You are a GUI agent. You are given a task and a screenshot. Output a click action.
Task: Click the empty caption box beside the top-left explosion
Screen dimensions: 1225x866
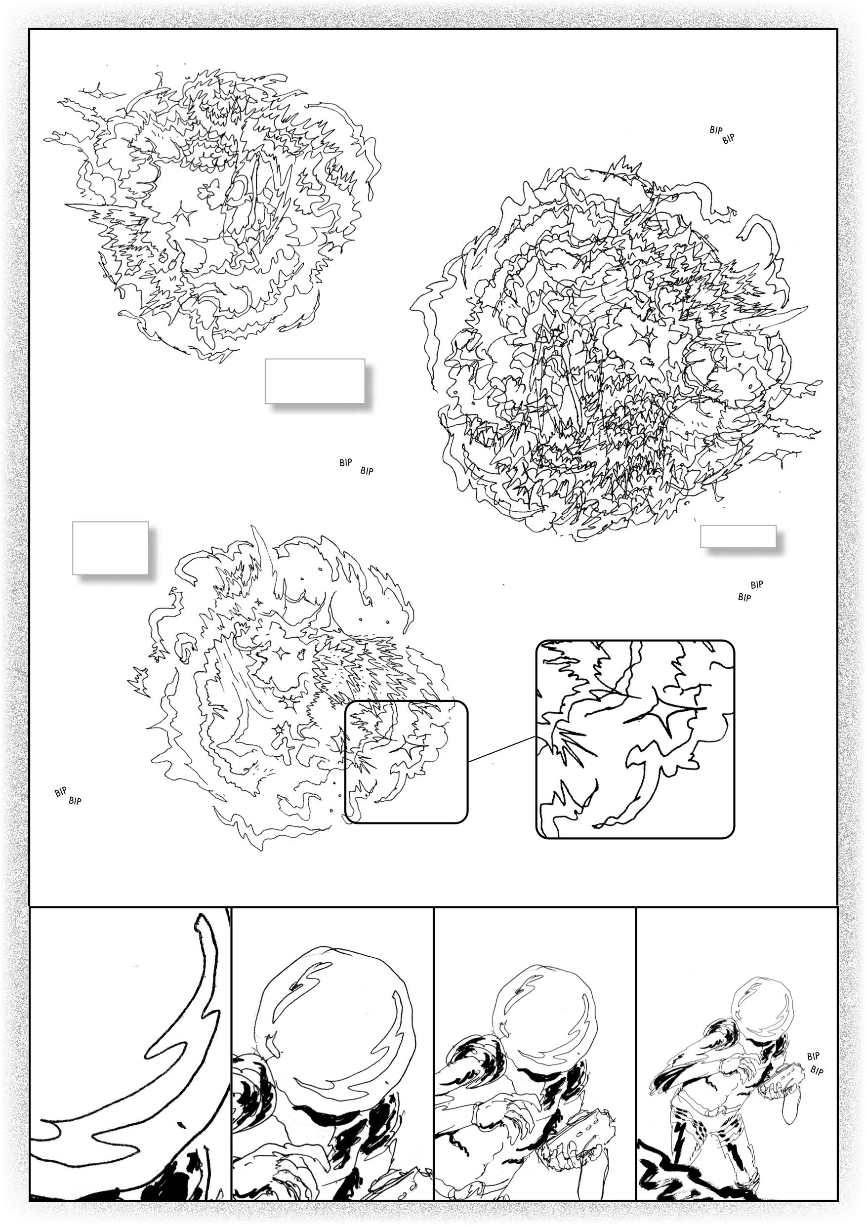pos(314,380)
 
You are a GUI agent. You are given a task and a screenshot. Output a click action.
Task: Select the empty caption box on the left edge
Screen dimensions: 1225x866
pos(110,547)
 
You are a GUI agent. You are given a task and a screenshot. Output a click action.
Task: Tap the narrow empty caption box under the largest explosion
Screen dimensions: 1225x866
pos(738,536)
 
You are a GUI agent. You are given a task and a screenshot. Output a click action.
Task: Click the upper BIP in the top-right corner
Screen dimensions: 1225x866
pos(715,129)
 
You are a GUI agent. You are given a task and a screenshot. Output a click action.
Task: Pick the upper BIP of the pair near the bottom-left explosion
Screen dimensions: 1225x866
pos(60,793)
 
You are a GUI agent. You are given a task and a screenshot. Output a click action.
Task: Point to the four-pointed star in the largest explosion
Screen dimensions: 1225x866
pos(639,337)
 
